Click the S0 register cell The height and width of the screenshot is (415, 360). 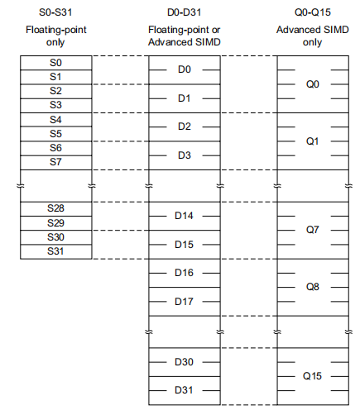(56, 63)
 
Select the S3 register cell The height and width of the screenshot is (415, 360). (56, 106)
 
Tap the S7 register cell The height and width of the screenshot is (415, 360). (56, 163)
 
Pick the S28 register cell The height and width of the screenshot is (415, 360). (56, 209)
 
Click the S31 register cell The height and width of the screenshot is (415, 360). (56, 251)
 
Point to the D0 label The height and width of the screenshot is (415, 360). (185, 69)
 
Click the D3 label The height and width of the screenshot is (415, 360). (185, 155)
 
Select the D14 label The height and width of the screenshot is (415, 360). (184, 216)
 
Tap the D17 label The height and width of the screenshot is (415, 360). (184, 302)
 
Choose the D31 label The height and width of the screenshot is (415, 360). (184, 390)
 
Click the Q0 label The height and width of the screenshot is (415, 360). (313, 84)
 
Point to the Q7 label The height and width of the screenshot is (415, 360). (313, 230)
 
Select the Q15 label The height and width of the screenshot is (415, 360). (312, 376)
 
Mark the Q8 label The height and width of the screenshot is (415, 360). (313, 287)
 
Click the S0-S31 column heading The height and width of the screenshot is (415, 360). (55, 12)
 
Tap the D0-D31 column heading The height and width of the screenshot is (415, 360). (185, 12)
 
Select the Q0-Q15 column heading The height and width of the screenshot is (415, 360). (313, 12)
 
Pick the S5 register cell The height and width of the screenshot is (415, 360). (56, 134)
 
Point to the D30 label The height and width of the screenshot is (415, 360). (184, 362)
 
